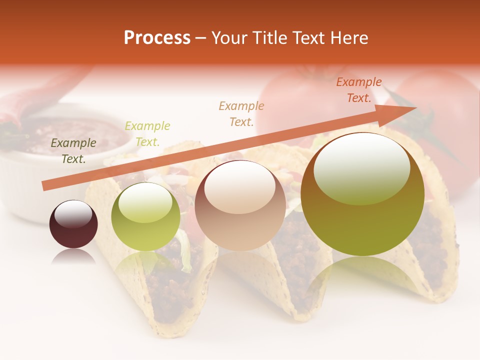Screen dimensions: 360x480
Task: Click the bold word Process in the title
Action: [x=157, y=38]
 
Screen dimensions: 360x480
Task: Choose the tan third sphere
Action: [x=240, y=206]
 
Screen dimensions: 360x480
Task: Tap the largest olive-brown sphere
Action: [x=362, y=194]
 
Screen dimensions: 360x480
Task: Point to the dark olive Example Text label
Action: [x=73, y=151]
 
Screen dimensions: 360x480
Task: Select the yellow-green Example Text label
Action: [x=147, y=134]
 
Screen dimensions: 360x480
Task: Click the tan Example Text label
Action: [x=241, y=113]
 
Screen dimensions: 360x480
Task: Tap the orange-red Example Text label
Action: [x=359, y=90]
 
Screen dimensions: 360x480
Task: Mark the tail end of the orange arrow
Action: [x=44, y=186]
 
